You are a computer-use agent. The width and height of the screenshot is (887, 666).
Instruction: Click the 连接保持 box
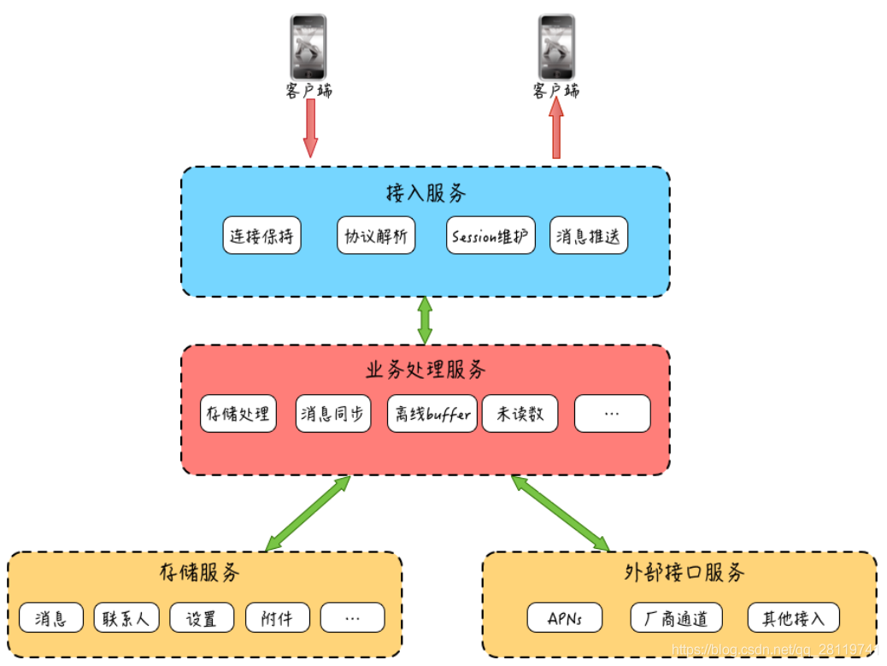point(261,236)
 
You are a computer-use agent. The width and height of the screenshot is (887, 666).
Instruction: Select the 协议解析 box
point(376,236)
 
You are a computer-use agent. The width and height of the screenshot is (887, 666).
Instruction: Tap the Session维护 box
point(490,236)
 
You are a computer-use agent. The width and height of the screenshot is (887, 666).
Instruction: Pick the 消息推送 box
point(588,236)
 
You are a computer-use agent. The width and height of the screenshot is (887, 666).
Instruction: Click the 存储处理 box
point(238,415)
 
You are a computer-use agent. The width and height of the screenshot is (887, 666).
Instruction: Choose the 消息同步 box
point(333,415)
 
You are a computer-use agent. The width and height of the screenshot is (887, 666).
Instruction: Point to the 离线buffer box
point(432,415)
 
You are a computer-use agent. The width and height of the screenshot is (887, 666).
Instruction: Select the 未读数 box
point(520,415)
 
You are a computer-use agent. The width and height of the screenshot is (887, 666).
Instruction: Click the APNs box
point(564,618)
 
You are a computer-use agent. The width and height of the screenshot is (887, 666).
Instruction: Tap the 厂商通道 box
point(677,618)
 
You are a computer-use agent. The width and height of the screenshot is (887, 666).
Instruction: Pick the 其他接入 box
point(793,618)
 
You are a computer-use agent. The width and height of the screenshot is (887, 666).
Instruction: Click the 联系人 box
point(126,618)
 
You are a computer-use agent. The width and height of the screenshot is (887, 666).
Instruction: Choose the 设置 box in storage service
point(202,618)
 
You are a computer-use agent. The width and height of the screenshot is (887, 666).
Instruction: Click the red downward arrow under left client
point(310,128)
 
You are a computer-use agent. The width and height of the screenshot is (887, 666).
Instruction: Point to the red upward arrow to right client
point(556,128)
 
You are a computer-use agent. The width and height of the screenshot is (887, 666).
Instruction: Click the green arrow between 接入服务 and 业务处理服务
point(425,321)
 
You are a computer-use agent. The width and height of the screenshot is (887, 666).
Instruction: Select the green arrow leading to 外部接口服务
point(561,513)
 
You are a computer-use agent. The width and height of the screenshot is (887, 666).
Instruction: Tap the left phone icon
point(308,47)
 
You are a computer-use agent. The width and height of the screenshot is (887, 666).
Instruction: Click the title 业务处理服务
point(426,369)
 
